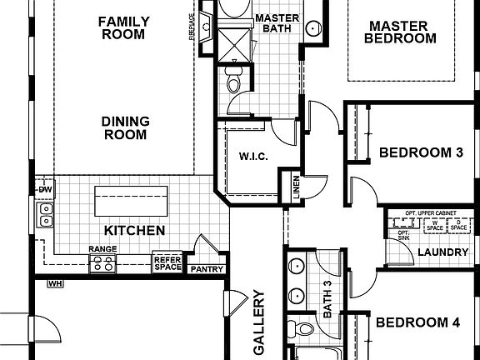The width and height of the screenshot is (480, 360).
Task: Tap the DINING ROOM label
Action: click(126, 127)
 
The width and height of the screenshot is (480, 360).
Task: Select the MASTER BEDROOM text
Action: click(402, 32)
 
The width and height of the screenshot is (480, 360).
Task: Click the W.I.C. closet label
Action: click(252, 157)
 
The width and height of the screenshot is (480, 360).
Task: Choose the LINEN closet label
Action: click(295, 187)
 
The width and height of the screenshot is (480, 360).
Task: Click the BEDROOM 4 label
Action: click(417, 323)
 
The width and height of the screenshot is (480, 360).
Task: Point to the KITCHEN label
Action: click(133, 231)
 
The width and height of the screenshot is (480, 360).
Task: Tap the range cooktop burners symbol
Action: click(102, 264)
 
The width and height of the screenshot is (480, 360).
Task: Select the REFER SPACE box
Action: click(167, 263)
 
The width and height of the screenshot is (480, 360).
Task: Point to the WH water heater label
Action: click(56, 284)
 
